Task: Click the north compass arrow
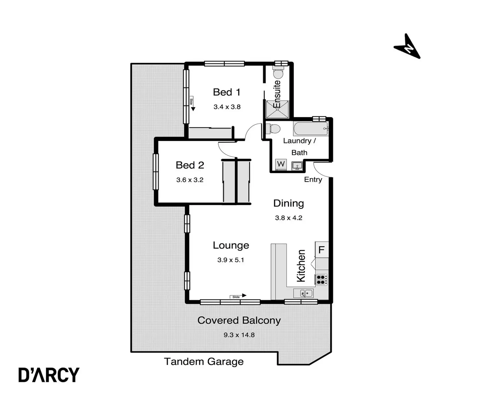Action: coord(407,46)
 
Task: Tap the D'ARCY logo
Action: coord(49,375)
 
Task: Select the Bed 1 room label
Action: coord(226,92)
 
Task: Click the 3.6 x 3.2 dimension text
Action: coord(190,180)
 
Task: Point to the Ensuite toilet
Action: coord(278,73)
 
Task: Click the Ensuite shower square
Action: coord(277,109)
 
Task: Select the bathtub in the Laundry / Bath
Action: coord(310,129)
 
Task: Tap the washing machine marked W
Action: coord(281,164)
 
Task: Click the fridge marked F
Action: coord(322,250)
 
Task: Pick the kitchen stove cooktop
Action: coord(322,280)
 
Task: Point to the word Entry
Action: coord(313,180)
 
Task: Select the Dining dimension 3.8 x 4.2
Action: coord(289,218)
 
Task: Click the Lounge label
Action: coord(231,245)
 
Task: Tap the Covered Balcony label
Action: coord(239,320)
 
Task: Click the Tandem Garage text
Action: coord(204,362)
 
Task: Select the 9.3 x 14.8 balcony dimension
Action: coord(239,335)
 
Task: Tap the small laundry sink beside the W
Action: coord(297,166)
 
